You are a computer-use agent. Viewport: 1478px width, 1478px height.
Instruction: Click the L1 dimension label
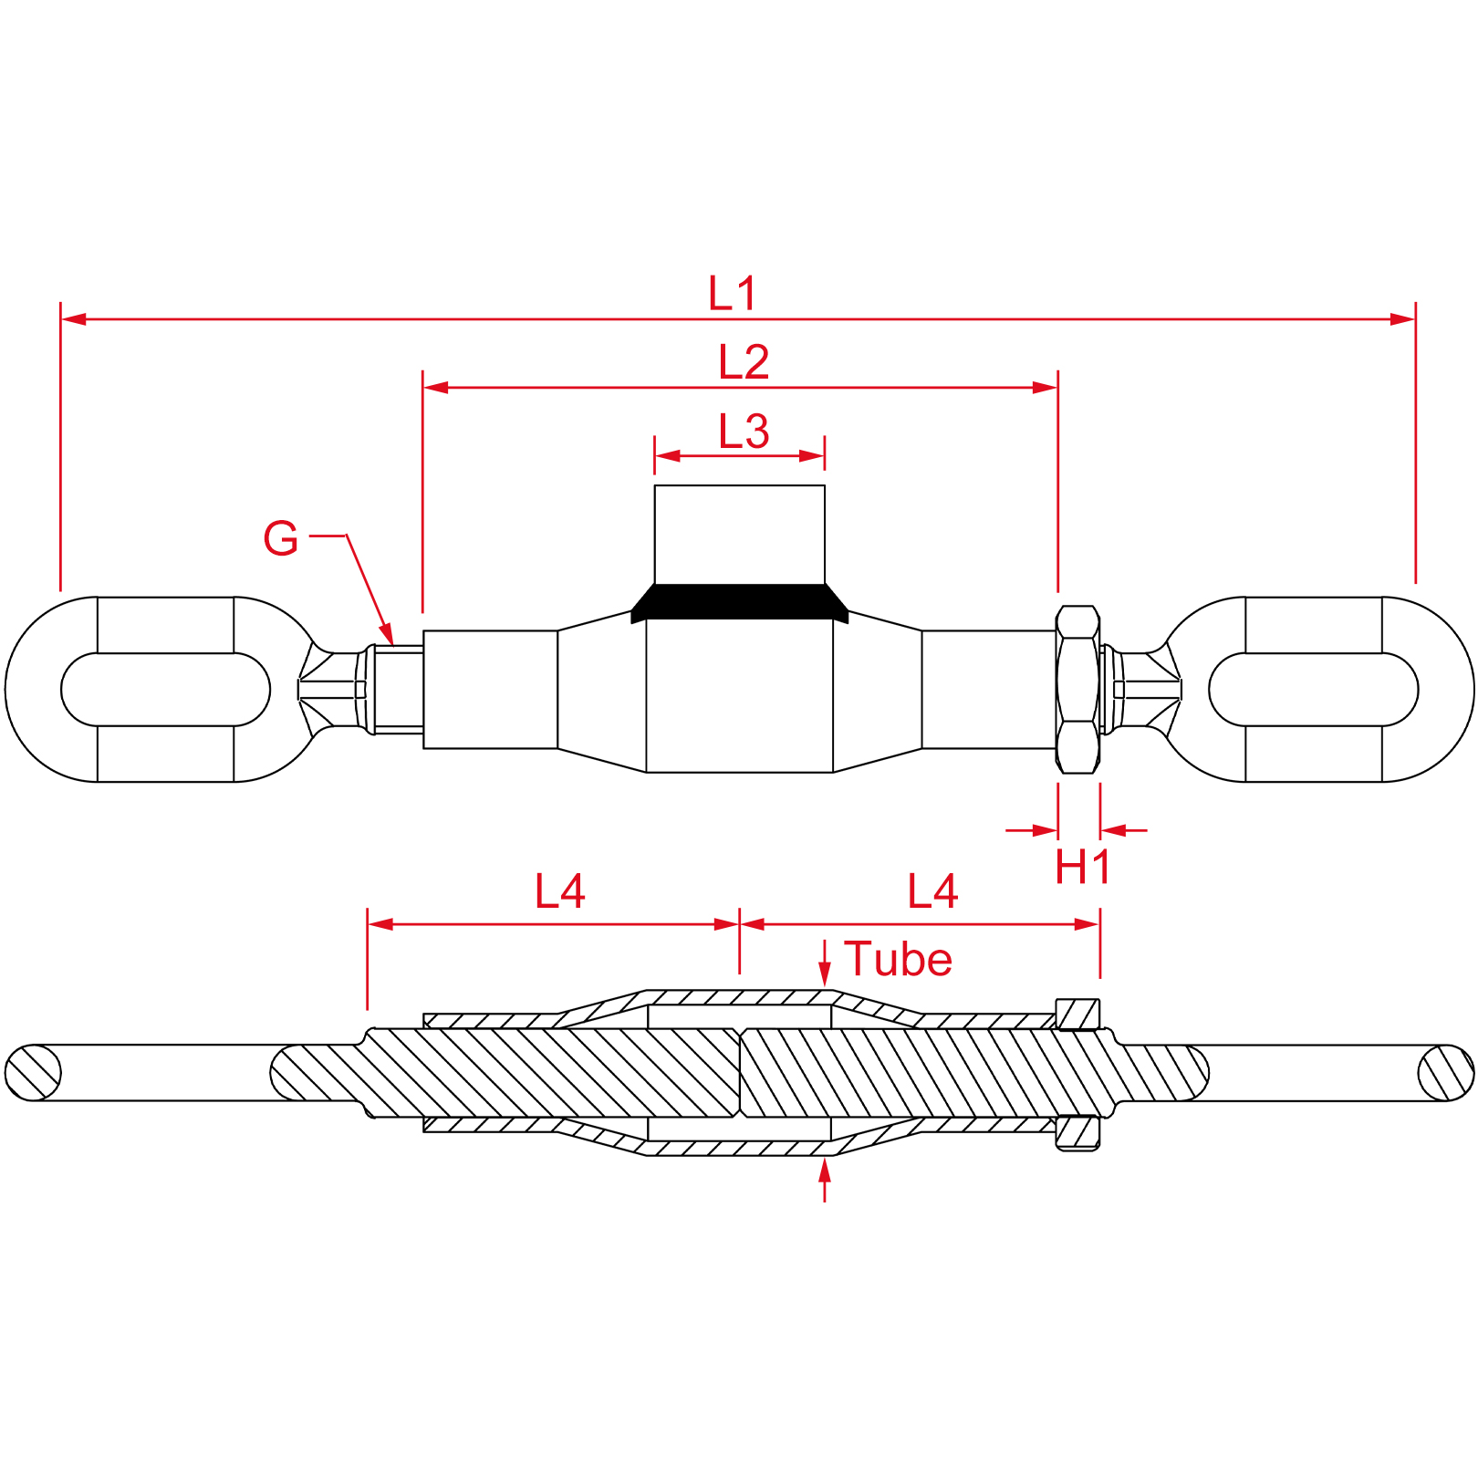pyautogui.click(x=733, y=293)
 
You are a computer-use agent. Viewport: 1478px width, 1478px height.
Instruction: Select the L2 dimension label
pyautogui.click(x=744, y=362)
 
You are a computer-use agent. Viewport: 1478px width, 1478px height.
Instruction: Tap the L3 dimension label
pyautogui.click(x=744, y=432)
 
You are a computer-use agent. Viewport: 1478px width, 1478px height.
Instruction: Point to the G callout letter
pyautogui.click(x=280, y=538)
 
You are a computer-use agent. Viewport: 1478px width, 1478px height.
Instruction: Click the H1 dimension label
pyautogui.click(x=1083, y=867)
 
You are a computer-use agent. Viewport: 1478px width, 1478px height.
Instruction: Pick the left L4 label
pyautogui.click(x=559, y=891)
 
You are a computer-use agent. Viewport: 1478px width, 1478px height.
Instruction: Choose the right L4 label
pyautogui.click(x=932, y=891)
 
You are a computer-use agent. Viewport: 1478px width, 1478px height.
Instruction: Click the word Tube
pyautogui.click(x=898, y=959)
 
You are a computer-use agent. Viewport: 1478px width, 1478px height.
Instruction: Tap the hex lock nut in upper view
pyautogui.click(x=1077, y=690)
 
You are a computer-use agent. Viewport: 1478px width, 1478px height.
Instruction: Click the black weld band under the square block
pyautogui.click(x=740, y=603)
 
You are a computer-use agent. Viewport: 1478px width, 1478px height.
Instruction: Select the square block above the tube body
pyautogui.click(x=740, y=535)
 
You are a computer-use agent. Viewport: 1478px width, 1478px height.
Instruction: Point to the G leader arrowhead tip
pyautogui.click(x=392, y=645)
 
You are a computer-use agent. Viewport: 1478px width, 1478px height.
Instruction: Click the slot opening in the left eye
pyautogui.click(x=166, y=690)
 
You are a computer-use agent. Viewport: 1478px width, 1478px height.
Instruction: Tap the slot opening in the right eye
pyautogui.click(x=1314, y=690)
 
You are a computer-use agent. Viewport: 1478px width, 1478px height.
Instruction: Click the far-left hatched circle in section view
pyautogui.click(x=34, y=1073)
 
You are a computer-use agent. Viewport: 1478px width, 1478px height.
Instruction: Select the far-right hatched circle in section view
pyautogui.click(x=1446, y=1073)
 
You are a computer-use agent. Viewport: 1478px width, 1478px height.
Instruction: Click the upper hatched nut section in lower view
pyautogui.click(x=1077, y=1015)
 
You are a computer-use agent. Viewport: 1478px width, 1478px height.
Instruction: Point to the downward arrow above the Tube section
pyautogui.click(x=825, y=963)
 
